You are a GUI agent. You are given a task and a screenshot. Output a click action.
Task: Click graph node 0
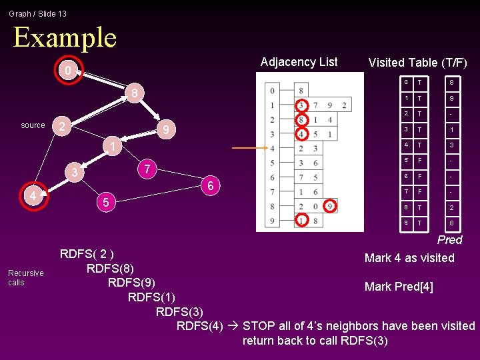coord(65,71)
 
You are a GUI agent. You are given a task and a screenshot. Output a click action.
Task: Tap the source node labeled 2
coord(61,126)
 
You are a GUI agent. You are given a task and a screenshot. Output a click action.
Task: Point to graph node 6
coord(210,186)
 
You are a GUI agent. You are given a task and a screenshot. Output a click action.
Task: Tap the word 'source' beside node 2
coord(33,125)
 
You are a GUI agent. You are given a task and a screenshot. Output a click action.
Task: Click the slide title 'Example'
coord(65,37)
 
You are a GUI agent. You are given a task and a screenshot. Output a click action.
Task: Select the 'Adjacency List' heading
coord(299,62)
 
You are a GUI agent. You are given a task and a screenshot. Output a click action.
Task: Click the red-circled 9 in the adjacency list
coord(331,207)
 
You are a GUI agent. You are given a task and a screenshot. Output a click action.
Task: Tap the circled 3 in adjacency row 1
coord(302,105)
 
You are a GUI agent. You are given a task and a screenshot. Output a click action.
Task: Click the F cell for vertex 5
coord(420,161)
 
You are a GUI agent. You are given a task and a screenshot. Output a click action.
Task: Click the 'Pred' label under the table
coord(449,240)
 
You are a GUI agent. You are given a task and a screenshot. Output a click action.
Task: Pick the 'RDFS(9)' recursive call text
coord(132,282)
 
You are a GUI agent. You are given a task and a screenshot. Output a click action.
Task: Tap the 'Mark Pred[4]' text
coord(399,287)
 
